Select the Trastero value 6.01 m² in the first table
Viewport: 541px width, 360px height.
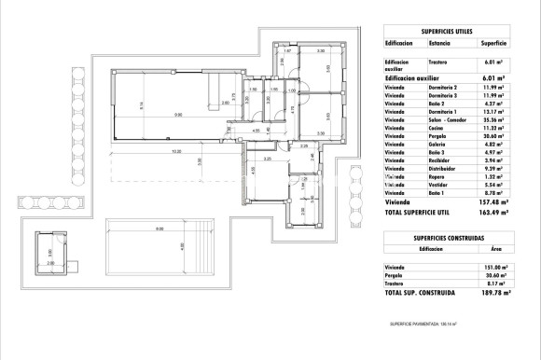(x=492, y=62)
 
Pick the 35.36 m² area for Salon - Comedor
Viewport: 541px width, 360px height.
(x=492, y=120)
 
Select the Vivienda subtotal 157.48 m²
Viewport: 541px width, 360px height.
(x=492, y=201)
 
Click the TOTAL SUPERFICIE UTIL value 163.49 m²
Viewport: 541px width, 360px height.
(x=491, y=212)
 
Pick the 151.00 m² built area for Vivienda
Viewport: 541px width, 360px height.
(x=491, y=268)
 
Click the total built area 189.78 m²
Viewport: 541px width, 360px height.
(x=491, y=293)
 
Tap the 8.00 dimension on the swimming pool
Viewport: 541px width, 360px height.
(x=159, y=229)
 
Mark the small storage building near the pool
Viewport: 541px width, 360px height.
(x=51, y=250)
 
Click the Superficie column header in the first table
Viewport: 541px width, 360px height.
(x=492, y=42)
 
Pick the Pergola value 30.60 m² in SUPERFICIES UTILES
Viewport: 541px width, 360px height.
(x=492, y=138)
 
